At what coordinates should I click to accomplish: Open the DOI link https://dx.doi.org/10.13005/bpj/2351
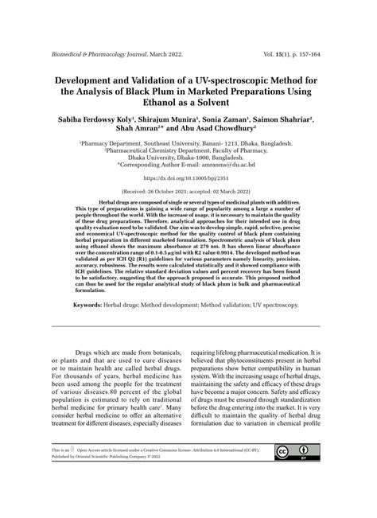click(x=188, y=180)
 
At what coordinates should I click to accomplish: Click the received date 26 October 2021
click(x=170, y=192)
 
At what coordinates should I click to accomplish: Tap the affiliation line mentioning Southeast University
click(x=188, y=143)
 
